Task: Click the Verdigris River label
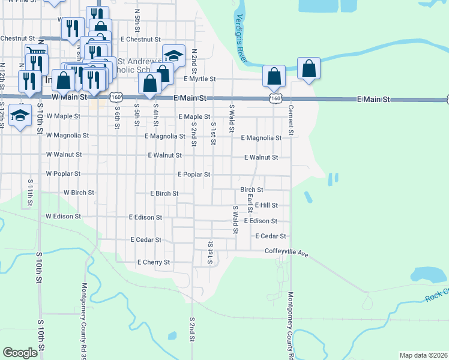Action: coord(242,38)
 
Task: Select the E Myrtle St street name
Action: coord(199,79)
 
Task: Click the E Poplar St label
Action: coord(193,175)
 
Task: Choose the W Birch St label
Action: coord(79,193)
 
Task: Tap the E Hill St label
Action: coord(266,205)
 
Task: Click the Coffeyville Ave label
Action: coord(286,253)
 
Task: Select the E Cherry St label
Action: coord(154,262)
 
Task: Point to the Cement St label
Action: coord(291,121)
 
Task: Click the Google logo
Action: coord(20,353)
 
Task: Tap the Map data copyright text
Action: coord(423,355)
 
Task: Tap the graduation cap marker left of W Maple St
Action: coord(21,116)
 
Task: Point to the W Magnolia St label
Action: coord(67,136)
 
